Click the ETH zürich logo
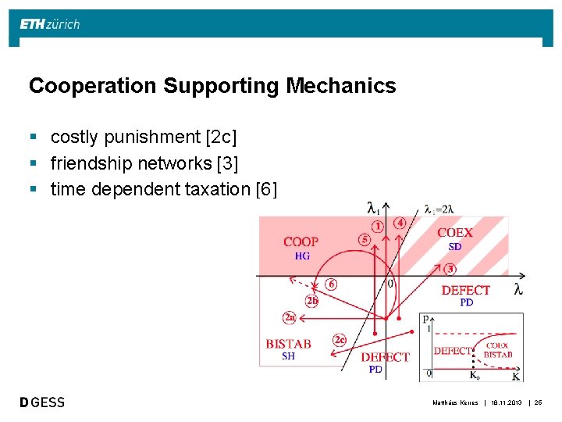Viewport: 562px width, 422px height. click(49, 24)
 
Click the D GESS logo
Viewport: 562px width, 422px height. click(43, 402)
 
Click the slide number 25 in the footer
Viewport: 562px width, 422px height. click(538, 402)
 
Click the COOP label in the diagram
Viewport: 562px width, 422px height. click(301, 242)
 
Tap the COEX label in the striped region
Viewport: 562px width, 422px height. click(454, 233)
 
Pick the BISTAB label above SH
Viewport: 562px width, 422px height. click(288, 344)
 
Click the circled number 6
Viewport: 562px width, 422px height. click(331, 284)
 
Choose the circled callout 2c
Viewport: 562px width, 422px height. click(339, 339)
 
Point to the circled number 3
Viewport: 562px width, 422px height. click(450, 269)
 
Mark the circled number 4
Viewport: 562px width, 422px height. click(400, 223)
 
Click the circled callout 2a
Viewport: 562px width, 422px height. click(289, 317)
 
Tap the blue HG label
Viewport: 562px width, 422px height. click(301, 256)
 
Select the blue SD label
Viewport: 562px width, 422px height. click(454, 247)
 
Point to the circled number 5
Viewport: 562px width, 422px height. click(364, 239)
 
